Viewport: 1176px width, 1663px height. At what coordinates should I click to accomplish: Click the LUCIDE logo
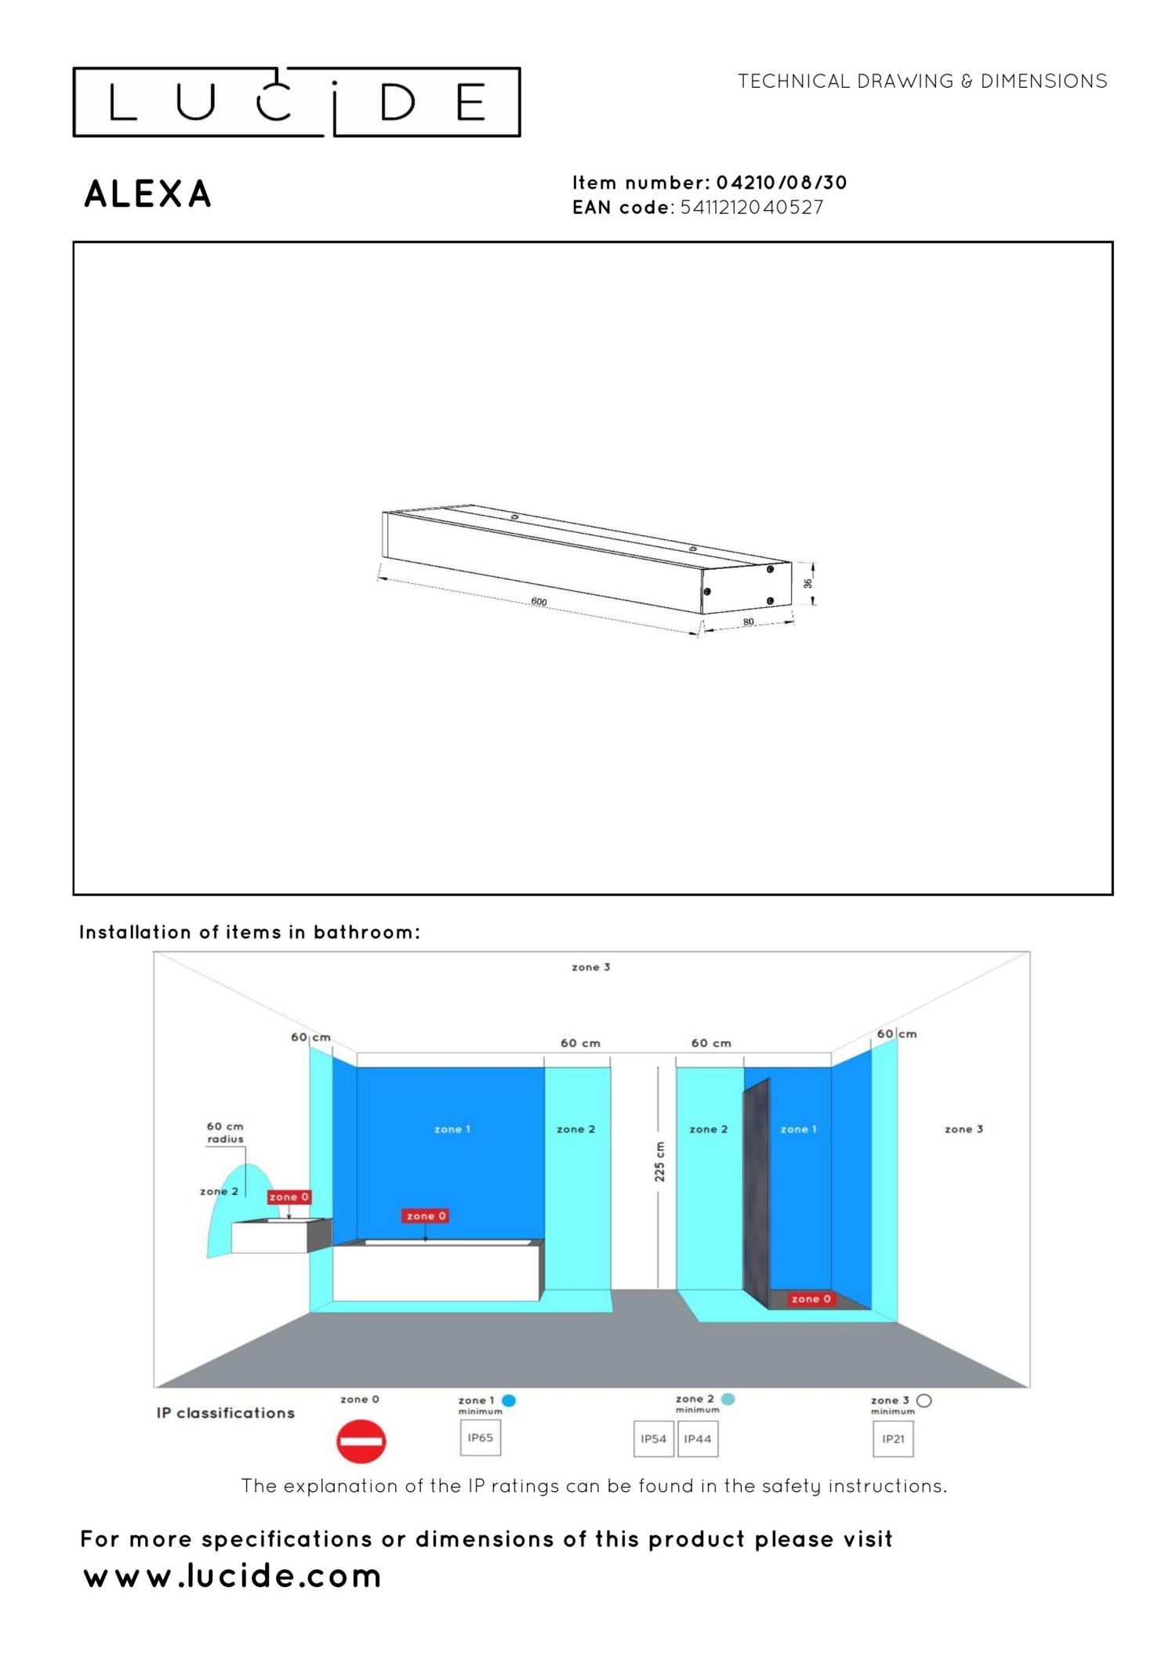pyautogui.click(x=296, y=102)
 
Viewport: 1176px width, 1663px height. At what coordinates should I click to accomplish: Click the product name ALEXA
pyautogui.click(x=148, y=194)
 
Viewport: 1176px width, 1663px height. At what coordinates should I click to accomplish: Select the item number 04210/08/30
pyautogui.click(x=781, y=183)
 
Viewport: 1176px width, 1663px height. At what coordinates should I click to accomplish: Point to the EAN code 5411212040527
pyautogui.click(x=751, y=208)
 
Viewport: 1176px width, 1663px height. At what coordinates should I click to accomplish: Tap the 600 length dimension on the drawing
pyautogui.click(x=539, y=602)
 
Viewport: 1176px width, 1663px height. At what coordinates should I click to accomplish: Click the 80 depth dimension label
pyautogui.click(x=748, y=621)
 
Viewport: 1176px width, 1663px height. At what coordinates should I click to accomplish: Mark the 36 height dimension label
pyautogui.click(x=808, y=584)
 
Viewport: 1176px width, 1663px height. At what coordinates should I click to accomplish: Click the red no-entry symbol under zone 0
pyautogui.click(x=361, y=1442)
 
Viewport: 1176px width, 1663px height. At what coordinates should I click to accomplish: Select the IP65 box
pyautogui.click(x=480, y=1438)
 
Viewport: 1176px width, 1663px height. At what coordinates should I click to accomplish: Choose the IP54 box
pyautogui.click(x=653, y=1439)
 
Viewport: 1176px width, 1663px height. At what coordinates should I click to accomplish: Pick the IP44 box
pyautogui.click(x=697, y=1439)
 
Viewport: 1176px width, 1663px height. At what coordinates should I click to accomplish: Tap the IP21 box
pyautogui.click(x=893, y=1439)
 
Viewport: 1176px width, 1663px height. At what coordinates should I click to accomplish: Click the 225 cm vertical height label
pyautogui.click(x=659, y=1161)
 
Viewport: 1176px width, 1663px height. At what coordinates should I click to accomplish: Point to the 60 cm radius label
pyautogui.click(x=225, y=1132)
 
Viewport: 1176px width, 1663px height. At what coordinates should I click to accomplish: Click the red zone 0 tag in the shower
pyautogui.click(x=811, y=1299)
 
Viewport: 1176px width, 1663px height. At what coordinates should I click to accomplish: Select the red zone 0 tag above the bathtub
pyautogui.click(x=426, y=1216)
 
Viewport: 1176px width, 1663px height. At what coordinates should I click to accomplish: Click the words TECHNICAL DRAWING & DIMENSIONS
pyautogui.click(x=922, y=82)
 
